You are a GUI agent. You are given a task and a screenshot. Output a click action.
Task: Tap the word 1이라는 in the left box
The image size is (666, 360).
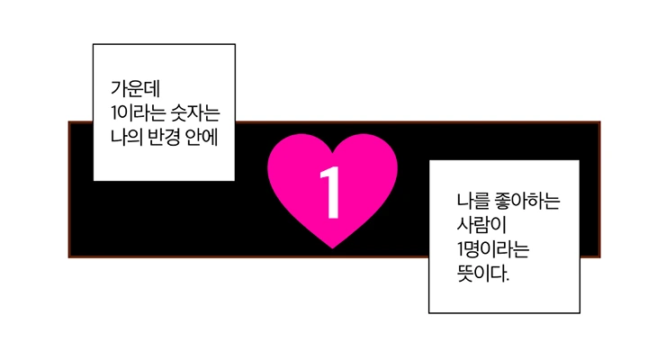coord(133,113)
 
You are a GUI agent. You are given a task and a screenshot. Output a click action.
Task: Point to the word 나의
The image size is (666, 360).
coord(125,137)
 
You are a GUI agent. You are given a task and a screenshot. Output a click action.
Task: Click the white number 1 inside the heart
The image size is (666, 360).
coord(332,192)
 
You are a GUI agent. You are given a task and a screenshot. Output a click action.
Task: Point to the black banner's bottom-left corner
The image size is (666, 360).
coord(70,256)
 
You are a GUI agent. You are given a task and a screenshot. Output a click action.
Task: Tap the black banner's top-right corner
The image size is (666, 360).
coord(598,122)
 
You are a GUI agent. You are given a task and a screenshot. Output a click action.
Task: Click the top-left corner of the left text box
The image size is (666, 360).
coord(94,45)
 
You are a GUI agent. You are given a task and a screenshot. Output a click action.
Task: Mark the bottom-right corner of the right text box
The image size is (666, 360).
coord(579,312)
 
